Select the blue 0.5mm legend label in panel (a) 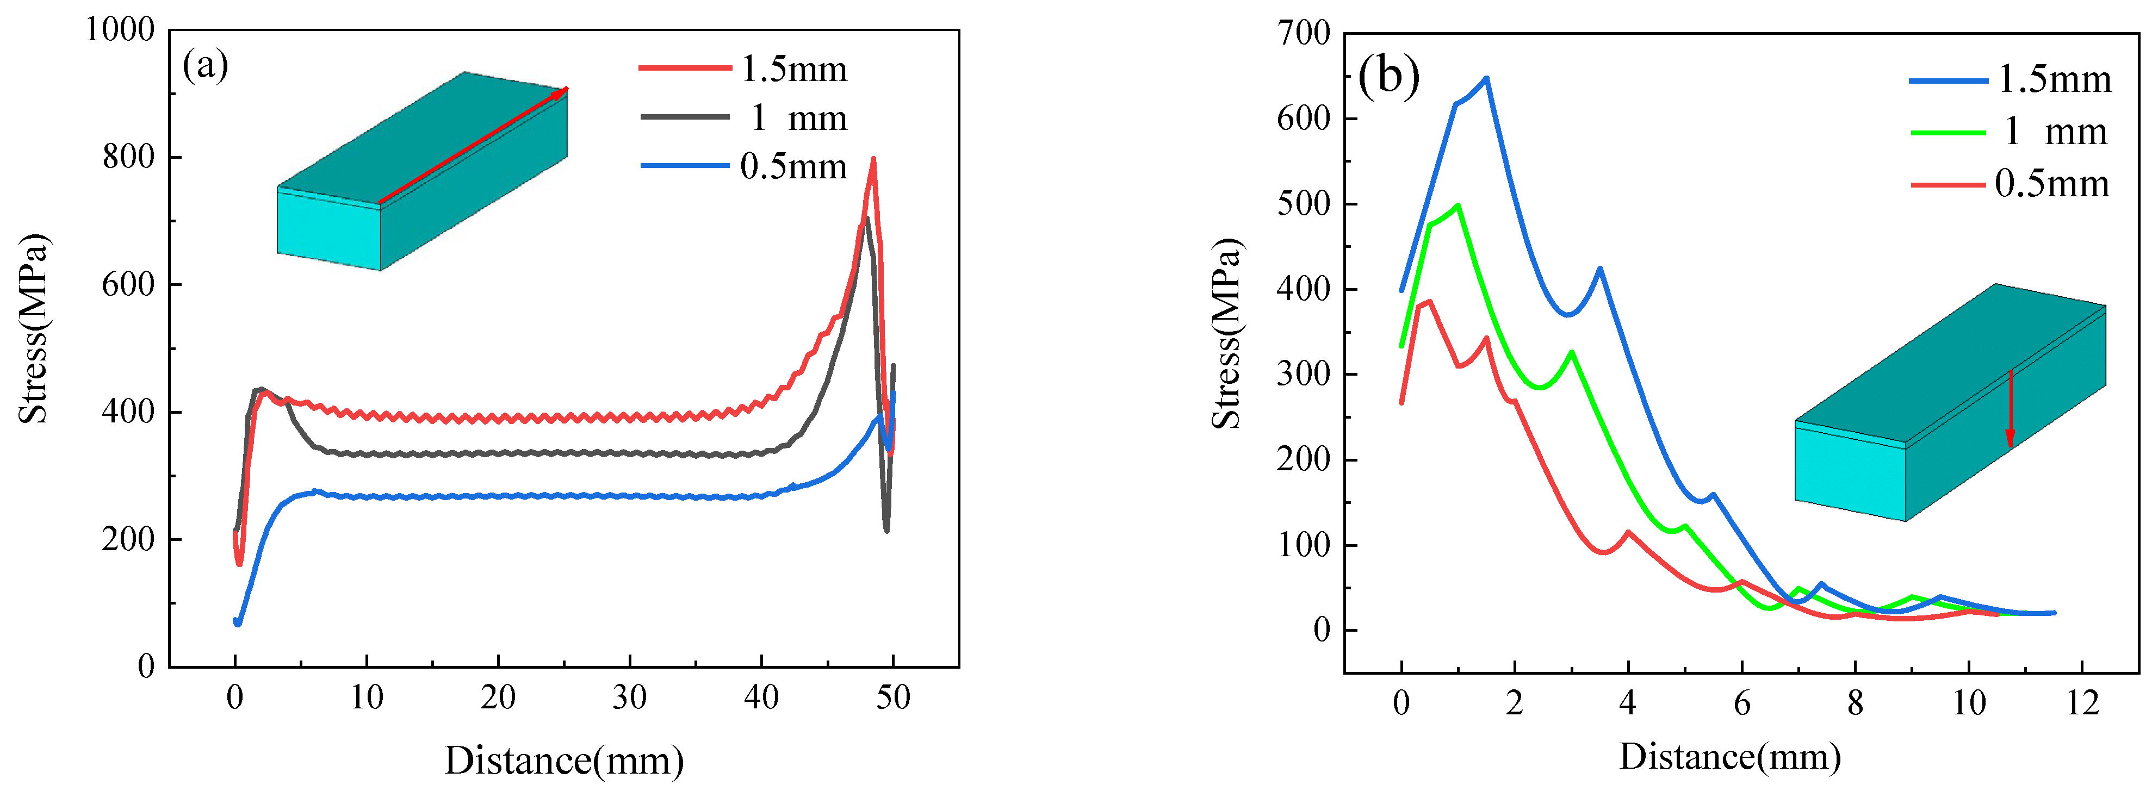pos(793,167)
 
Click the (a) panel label pos(206,65)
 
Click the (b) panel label pos(1388,76)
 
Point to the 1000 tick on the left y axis pos(120,30)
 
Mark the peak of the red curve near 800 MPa pos(873,159)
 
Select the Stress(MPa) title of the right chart pos(1226,334)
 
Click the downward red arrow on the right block pos(2010,409)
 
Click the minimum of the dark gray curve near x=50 pos(886,531)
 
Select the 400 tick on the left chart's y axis pos(129,412)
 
